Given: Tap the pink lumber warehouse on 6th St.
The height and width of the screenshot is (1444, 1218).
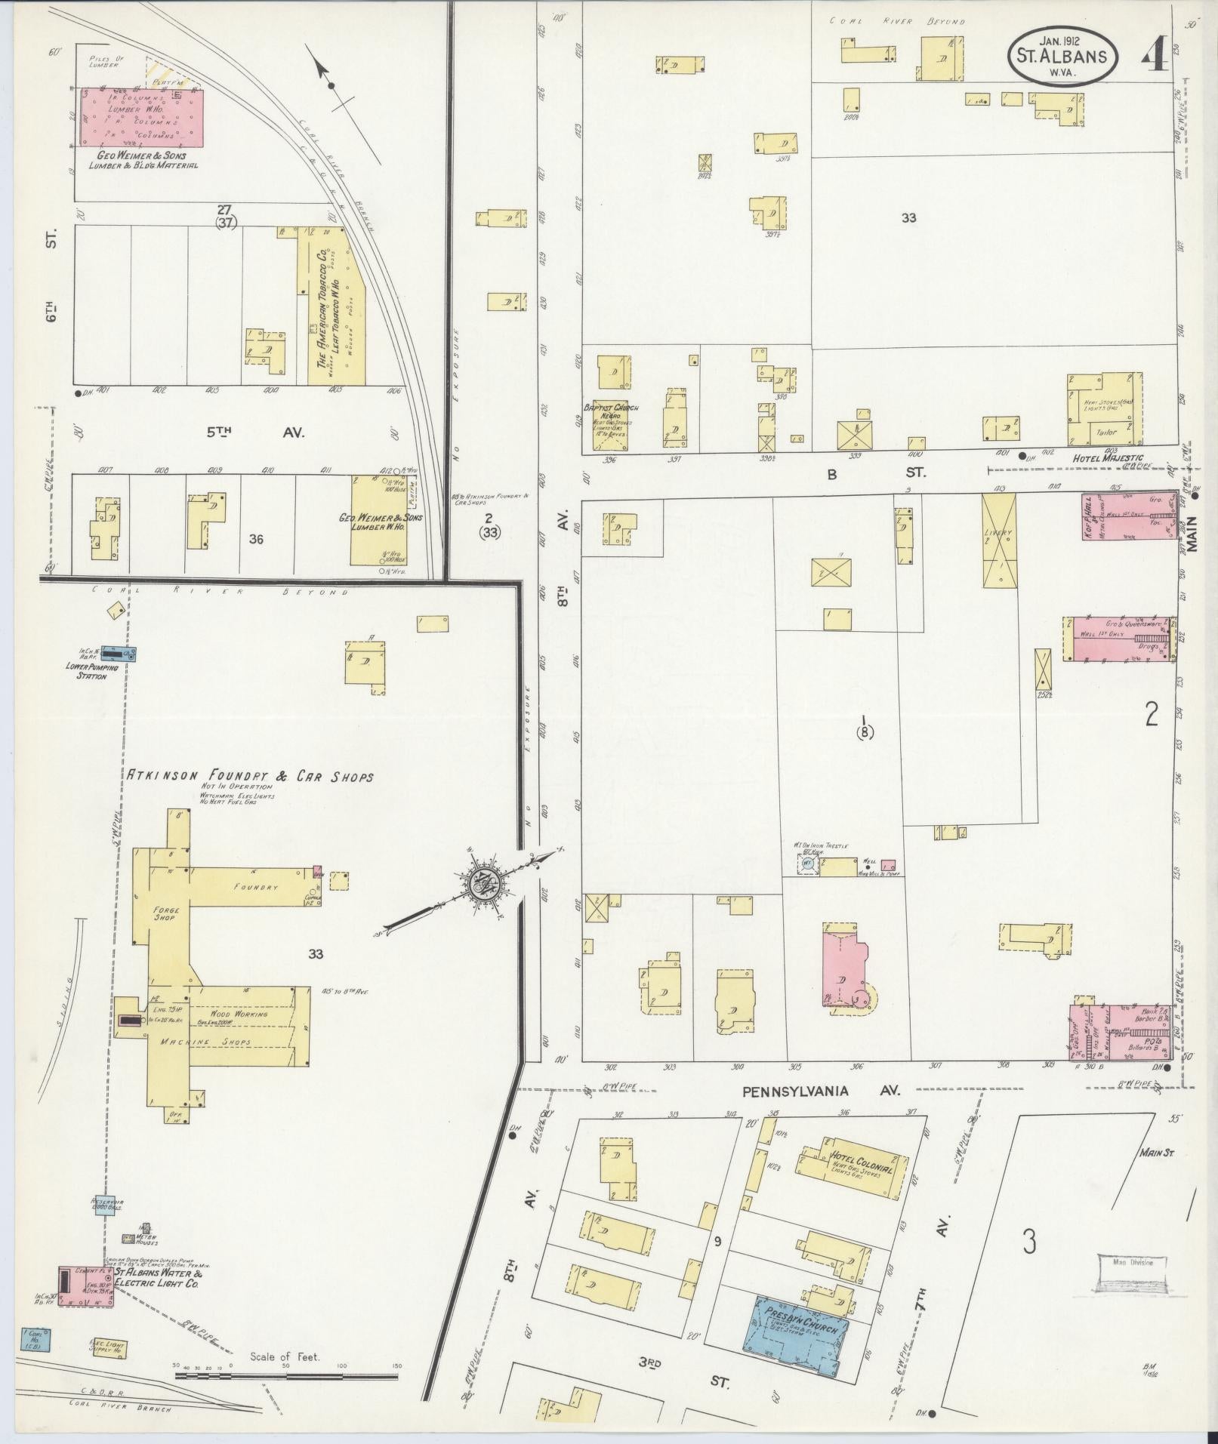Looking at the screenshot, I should coord(142,117).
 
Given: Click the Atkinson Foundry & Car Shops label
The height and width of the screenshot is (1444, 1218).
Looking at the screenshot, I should coord(249,776).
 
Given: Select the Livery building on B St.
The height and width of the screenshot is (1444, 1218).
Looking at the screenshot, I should coord(999,540).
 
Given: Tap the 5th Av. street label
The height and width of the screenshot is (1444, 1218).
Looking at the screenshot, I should coord(257,433).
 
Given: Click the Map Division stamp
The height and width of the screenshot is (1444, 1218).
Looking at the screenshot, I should coord(1132,1270).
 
